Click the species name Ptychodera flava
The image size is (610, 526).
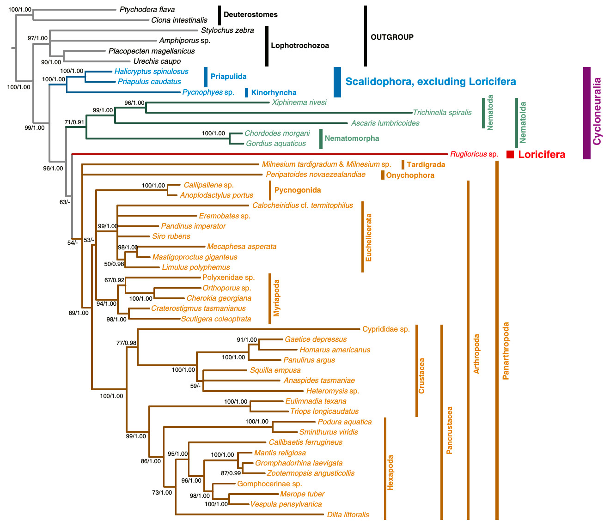(147, 10)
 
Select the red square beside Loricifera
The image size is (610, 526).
(510, 155)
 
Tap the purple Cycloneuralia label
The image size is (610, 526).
(597, 111)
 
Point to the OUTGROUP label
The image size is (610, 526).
(392, 37)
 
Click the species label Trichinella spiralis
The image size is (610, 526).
(442, 112)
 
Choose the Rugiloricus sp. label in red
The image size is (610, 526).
(474, 154)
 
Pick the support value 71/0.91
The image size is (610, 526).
(74, 122)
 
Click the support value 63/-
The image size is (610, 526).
(65, 202)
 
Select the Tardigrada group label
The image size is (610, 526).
(426, 164)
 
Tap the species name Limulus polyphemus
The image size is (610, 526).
(196, 267)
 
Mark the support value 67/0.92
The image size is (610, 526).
(114, 280)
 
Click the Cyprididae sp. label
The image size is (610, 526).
(386, 329)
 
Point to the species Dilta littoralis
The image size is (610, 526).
(348, 514)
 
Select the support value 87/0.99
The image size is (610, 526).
(231, 473)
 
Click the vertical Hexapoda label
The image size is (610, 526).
(390, 472)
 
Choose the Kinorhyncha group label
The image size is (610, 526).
(274, 92)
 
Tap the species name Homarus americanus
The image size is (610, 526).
(335, 350)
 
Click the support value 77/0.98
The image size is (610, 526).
(126, 343)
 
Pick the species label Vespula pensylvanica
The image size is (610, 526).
(286, 504)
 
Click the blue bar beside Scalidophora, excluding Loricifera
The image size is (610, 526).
(337, 82)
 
